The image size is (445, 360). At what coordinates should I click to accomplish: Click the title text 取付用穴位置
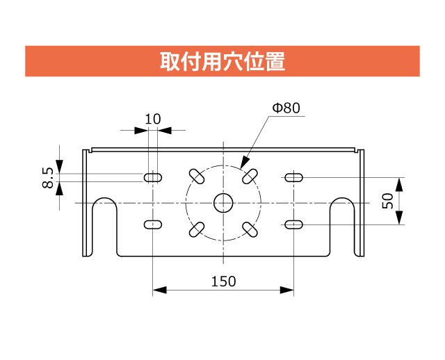(222, 61)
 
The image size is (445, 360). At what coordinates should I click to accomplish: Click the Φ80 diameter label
(286, 108)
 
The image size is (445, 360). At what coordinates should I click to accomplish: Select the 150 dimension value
(223, 281)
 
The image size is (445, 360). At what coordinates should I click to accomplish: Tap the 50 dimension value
(388, 201)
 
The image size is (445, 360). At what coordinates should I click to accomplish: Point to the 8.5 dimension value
(47, 177)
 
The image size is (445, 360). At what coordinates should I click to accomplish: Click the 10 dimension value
(152, 119)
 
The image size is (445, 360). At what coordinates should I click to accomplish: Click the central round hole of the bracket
(223, 202)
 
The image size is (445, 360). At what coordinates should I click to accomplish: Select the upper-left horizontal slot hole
(152, 178)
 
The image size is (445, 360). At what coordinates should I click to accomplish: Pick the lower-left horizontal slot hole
(152, 224)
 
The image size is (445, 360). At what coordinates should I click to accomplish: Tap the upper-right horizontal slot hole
(293, 178)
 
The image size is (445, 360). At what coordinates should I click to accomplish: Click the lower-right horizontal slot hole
(293, 224)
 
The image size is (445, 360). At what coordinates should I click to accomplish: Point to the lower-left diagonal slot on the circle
(197, 228)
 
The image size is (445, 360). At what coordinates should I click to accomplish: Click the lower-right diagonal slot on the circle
(249, 228)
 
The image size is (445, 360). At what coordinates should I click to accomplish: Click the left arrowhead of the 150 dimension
(158, 291)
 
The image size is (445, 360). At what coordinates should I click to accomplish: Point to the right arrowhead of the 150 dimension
(288, 291)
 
